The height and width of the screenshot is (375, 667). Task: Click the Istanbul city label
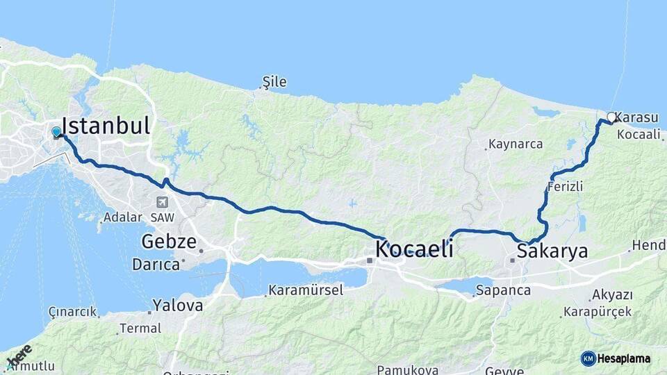[x=106, y=126]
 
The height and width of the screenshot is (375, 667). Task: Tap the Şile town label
[x=273, y=83]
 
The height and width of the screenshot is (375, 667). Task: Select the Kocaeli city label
[x=414, y=249]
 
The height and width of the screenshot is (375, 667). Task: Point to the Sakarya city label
[x=552, y=251]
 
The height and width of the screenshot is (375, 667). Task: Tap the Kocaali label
[x=638, y=134]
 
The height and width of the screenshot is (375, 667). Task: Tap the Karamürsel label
[x=306, y=290]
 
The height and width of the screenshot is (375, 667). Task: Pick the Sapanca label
[x=503, y=290]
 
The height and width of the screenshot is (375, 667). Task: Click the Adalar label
[x=122, y=217]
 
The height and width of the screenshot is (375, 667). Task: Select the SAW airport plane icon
[x=162, y=202]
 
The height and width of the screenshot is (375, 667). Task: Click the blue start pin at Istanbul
[x=56, y=131]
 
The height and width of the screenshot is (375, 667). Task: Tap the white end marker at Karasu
[x=611, y=117]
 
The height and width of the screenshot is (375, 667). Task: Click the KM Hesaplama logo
[x=616, y=358]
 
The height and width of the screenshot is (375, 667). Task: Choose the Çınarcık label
[x=72, y=312]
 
